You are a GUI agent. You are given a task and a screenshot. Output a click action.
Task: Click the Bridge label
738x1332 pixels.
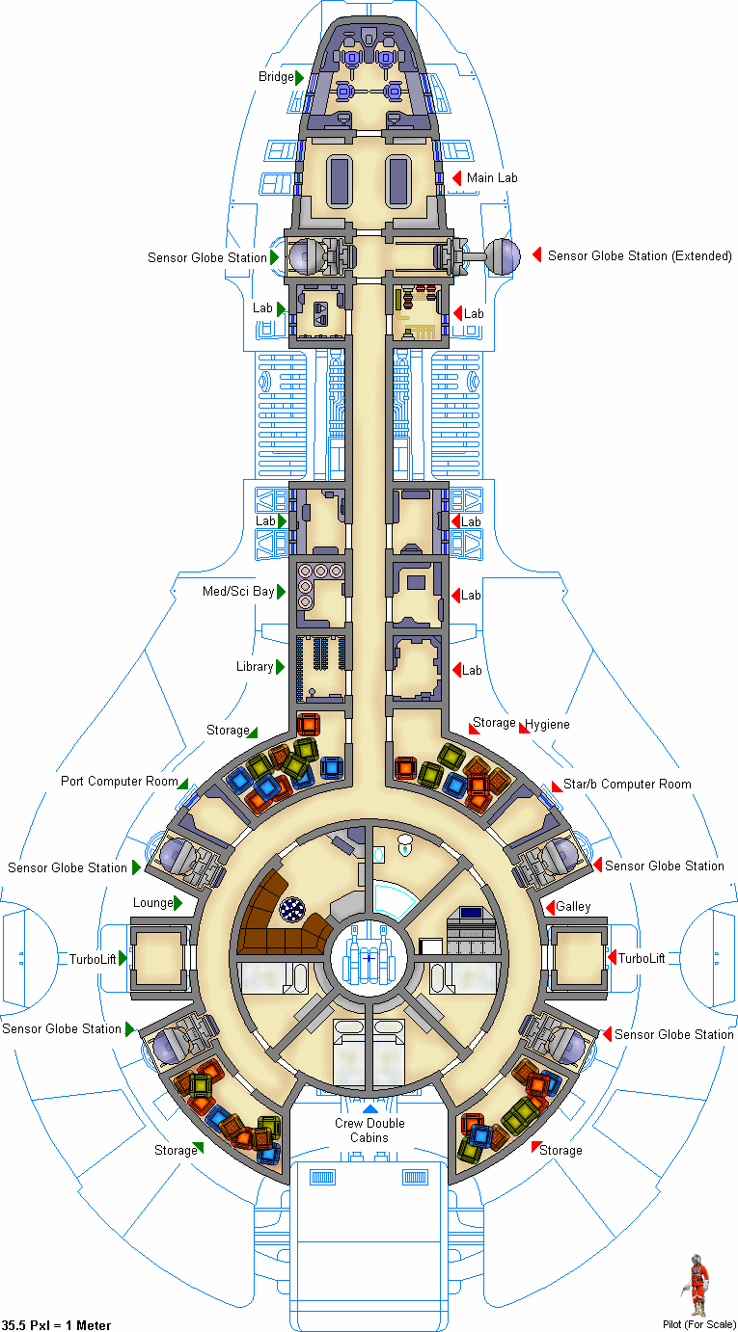(x=276, y=77)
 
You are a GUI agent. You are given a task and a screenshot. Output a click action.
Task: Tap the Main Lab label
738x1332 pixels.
(x=492, y=177)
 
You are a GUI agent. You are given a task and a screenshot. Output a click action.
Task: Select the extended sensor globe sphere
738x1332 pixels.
(x=503, y=256)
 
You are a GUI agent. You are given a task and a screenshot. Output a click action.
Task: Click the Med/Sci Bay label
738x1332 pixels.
(x=238, y=592)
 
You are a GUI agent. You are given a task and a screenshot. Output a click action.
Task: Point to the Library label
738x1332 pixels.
(x=255, y=667)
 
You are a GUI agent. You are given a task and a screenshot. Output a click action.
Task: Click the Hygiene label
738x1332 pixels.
(x=547, y=724)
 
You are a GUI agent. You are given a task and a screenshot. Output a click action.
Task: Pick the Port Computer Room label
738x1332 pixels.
(x=119, y=782)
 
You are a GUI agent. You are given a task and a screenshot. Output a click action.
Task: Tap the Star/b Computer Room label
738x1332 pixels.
(x=627, y=785)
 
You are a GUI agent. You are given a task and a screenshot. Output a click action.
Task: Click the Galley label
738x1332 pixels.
(x=573, y=907)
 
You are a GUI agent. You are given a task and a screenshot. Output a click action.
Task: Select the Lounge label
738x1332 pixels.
(x=153, y=903)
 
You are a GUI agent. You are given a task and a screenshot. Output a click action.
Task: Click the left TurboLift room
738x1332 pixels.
(x=159, y=958)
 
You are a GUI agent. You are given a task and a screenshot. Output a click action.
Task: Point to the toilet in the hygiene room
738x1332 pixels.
(x=405, y=844)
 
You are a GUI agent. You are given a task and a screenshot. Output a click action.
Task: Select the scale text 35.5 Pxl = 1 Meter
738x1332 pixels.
(x=56, y=1325)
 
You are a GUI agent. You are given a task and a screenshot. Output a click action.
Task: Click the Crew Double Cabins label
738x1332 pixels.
(x=369, y=1131)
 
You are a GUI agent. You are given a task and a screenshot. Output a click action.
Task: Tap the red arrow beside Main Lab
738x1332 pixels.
(x=456, y=177)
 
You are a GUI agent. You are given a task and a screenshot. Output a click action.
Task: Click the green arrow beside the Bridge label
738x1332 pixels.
(x=300, y=77)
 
